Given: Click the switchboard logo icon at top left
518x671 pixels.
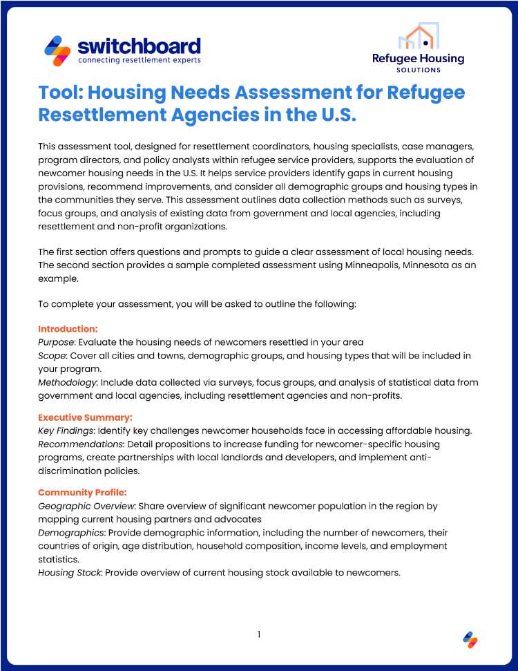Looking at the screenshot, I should point(57,50).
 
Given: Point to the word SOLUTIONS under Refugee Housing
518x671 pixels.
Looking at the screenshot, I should point(418,70).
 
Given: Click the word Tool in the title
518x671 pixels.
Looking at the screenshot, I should point(59,93).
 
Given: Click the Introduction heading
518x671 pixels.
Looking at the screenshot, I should point(68,328).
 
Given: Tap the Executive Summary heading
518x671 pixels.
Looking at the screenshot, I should point(85,417).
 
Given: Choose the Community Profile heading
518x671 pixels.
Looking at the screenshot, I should point(82,492).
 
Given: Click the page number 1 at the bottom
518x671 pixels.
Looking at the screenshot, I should point(259,634).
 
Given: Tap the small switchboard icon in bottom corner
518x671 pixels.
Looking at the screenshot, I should point(470,640).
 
